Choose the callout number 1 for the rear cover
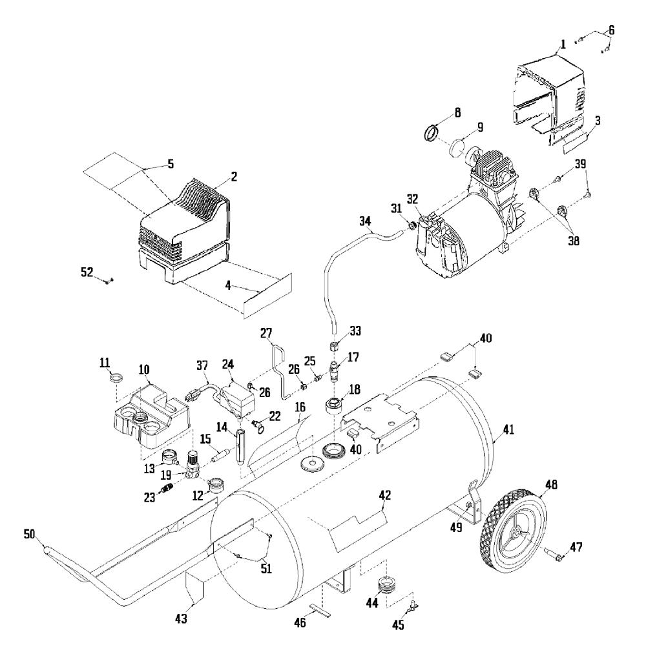(x=563, y=45)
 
